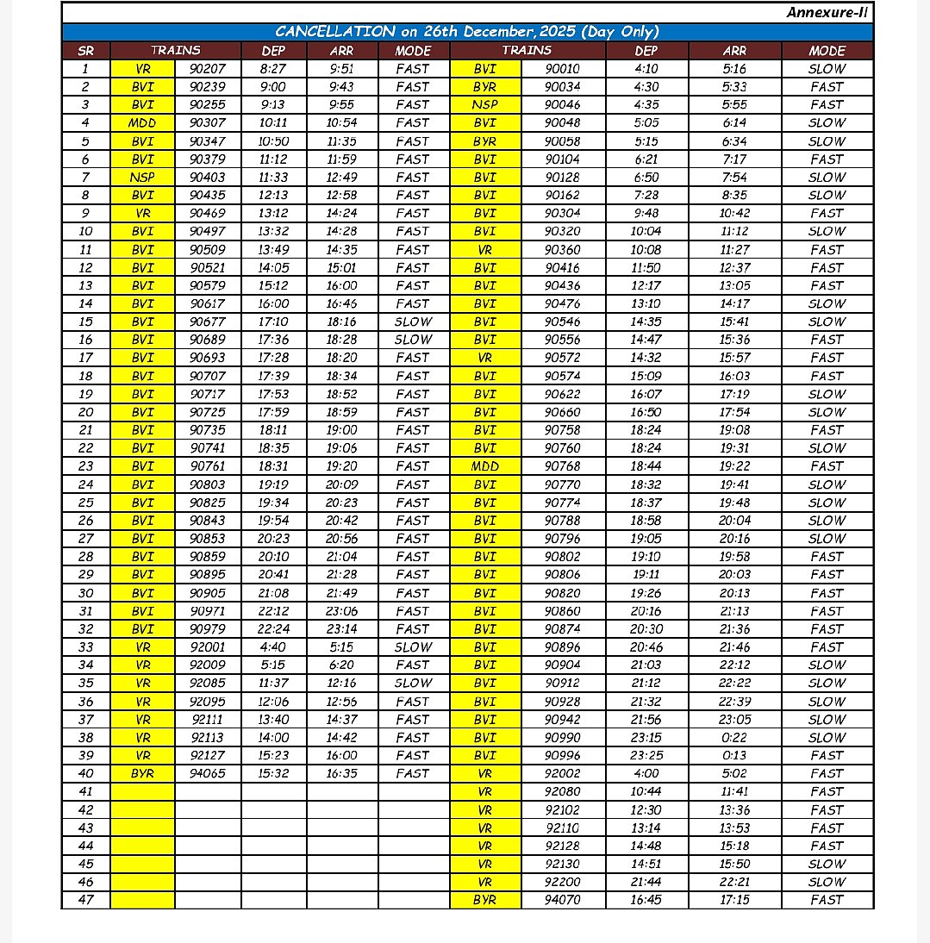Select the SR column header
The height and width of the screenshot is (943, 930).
(85, 51)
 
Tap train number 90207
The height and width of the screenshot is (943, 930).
(208, 69)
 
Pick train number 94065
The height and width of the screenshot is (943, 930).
(208, 773)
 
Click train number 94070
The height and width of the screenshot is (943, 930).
(563, 900)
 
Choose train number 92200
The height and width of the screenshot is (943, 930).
(563, 882)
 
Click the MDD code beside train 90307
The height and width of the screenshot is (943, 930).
(142, 123)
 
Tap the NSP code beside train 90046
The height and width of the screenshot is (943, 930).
(484, 105)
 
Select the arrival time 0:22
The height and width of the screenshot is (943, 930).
(734, 737)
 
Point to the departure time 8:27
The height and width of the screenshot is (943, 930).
(273, 69)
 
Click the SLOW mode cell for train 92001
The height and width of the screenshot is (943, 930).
(413, 647)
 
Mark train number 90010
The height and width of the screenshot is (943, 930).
(563, 69)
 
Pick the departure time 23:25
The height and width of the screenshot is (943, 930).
(646, 755)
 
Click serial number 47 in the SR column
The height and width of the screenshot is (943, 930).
(85, 900)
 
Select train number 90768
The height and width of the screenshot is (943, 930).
(563, 466)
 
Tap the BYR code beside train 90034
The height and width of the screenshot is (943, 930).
(484, 87)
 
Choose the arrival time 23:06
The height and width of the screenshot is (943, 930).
(341, 611)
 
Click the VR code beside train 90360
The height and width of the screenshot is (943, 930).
(484, 250)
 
